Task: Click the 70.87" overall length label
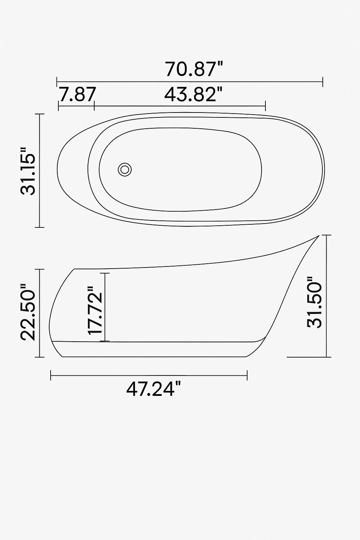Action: tap(194, 69)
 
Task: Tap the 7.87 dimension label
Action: tap(77, 95)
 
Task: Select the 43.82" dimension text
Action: tap(194, 95)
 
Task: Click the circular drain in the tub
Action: tap(124, 169)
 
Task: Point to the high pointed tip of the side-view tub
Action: tap(319, 236)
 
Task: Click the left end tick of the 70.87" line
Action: tap(57, 82)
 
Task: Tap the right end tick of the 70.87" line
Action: tap(323, 82)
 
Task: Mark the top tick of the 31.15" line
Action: tap(40, 114)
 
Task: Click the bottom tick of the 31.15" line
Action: tap(40, 227)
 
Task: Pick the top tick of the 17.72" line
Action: tap(105, 273)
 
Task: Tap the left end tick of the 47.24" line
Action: tap(51, 375)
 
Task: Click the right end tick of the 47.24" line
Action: tap(247, 375)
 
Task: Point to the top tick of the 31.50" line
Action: tap(327, 235)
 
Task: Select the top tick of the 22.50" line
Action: tap(40, 269)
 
